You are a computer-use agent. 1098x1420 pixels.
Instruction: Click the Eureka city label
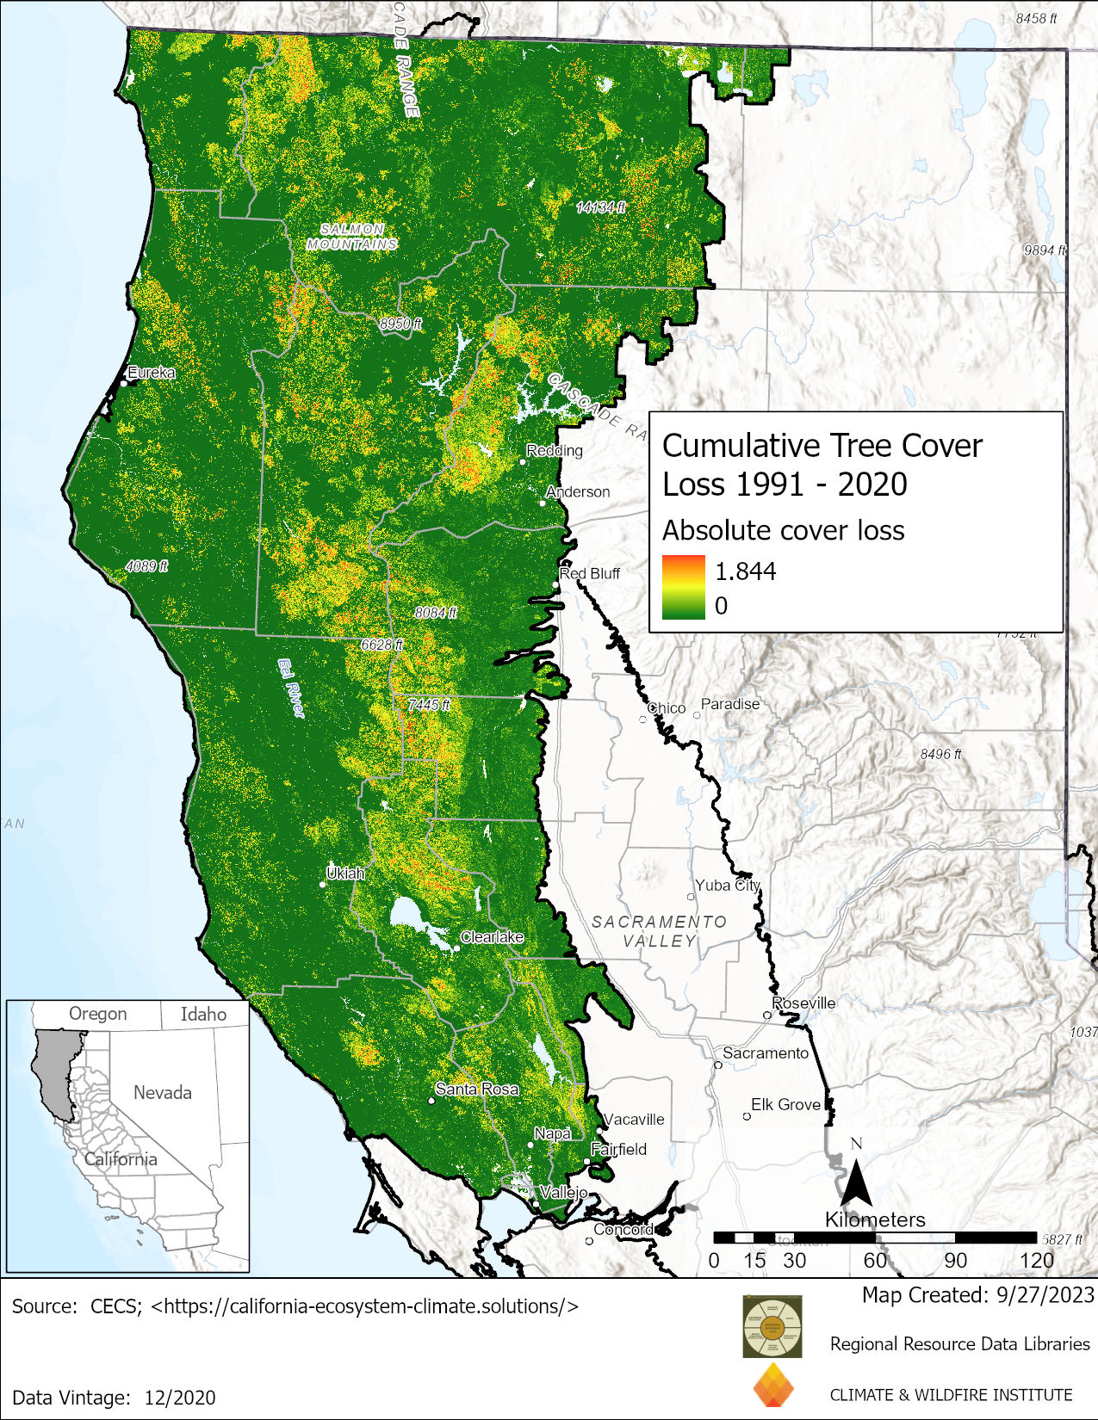coord(152,373)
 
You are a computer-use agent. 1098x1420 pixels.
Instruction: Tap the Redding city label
coord(555,450)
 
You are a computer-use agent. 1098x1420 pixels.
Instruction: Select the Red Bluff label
coord(590,573)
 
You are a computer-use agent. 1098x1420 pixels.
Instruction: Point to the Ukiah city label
coord(345,873)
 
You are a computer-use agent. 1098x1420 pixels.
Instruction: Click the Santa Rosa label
coord(477,1089)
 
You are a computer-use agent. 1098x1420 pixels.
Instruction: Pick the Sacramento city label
coord(766,1053)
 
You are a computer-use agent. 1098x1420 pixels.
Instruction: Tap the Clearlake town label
coord(492,936)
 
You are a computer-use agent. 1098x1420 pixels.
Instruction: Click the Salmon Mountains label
coord(352,237)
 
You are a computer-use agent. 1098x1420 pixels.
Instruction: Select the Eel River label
coord(292,688)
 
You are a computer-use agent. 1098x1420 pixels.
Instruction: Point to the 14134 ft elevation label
coord(600,207)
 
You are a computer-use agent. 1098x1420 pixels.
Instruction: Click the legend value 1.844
coord(746,571)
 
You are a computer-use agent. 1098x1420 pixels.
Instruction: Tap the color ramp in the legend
coord(684,587)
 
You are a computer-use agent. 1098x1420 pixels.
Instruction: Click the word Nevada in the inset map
coord(162,1092)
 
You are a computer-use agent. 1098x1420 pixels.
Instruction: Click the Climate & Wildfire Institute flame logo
coord(772,1386)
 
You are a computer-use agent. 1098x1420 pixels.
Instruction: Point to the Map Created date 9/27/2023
coord(978,1295)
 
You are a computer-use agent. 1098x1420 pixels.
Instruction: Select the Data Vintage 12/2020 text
coord(114,1398)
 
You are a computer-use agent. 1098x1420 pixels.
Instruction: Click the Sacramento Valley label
coord(659,931)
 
